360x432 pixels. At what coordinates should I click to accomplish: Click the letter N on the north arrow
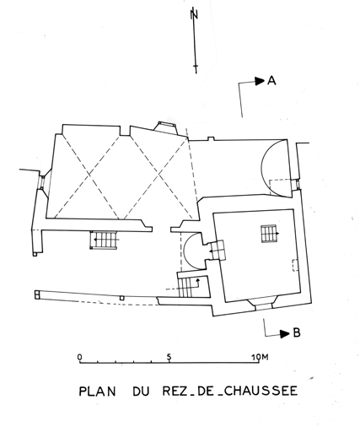(194, 14)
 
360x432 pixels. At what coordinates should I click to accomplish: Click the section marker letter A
(271, 81)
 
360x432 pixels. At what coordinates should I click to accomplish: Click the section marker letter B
(297, 333)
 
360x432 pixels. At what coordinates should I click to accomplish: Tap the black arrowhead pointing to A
(260, 81)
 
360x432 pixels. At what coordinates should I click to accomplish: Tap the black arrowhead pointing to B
(285, 334)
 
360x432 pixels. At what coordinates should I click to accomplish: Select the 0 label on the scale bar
(80, 357)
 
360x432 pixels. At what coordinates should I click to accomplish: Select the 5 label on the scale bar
(169, 357)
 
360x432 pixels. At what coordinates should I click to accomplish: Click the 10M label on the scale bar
(261, 357)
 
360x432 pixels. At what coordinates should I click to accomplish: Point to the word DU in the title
(141, 391)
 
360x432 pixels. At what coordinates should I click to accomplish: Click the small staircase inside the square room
(269, 234)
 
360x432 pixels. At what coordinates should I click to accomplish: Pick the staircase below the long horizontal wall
(104, 240)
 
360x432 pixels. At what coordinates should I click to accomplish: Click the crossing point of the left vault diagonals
(89, 175)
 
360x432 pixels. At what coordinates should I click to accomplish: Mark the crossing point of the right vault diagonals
(159, 175)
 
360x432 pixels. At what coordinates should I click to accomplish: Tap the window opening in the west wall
(41, 182)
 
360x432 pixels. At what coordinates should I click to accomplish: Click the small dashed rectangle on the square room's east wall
(295, 265)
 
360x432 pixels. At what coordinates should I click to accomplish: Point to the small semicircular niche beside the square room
(191, 251)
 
